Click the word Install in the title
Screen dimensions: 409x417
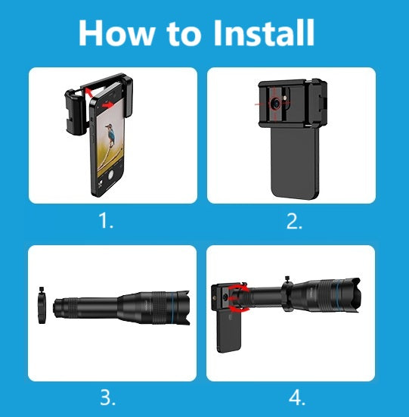(264, 33)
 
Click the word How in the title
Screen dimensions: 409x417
(116, 33)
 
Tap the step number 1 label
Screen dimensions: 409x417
(106, 221)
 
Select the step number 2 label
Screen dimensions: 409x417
(294, 221)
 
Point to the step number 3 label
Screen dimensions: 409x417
(107, 397)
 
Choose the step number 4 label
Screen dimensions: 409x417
(297, 398)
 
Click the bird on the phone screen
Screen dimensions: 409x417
(110, 134)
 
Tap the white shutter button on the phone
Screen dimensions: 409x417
(110, 175)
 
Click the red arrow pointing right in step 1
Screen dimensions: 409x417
(107, 105)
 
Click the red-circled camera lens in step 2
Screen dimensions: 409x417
(276, 103)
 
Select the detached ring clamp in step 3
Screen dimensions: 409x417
(42, 306)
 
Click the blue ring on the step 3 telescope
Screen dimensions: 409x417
(172, 309)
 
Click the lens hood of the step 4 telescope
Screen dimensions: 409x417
(352, 295)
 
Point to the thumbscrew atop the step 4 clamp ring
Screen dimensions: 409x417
(287, 279)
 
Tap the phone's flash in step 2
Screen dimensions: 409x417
(286, 98)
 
